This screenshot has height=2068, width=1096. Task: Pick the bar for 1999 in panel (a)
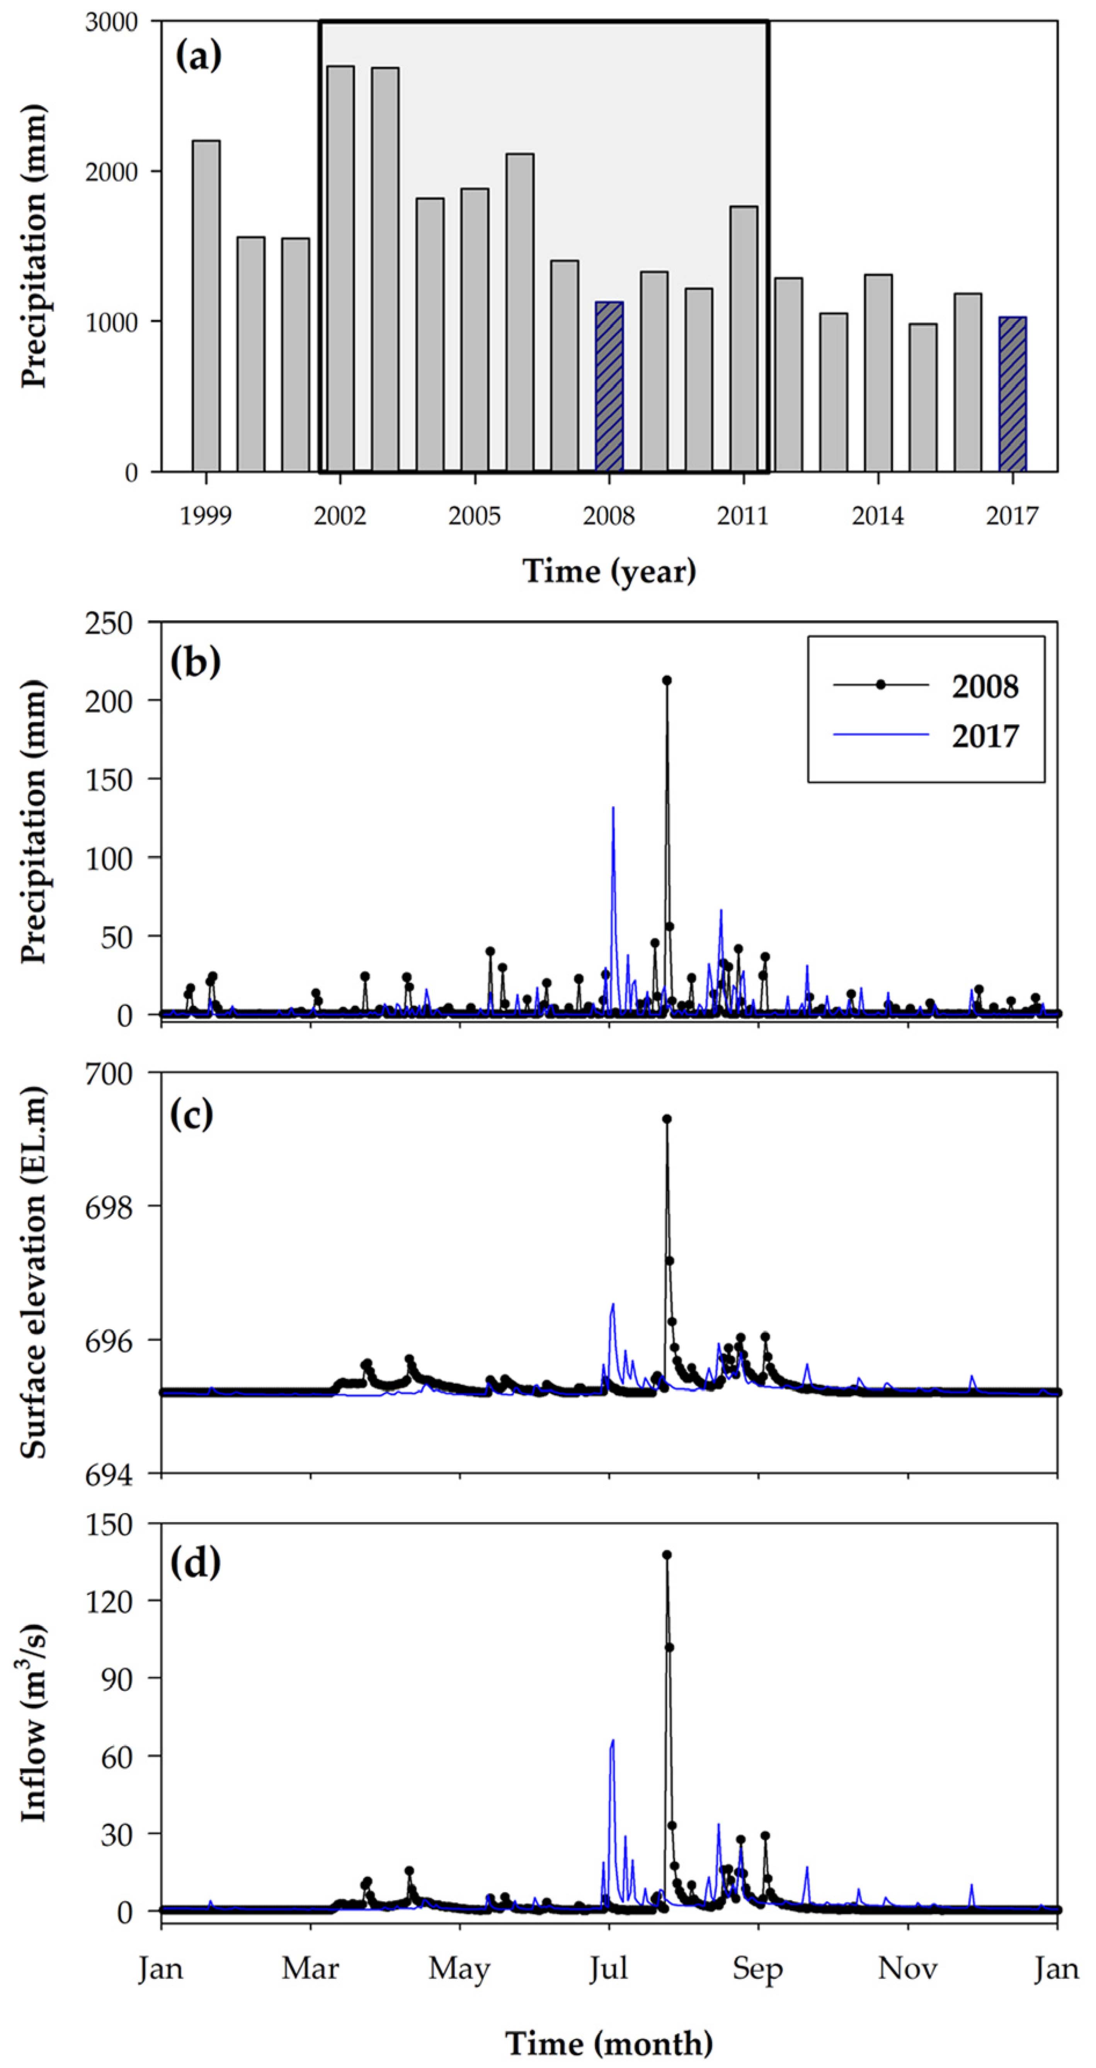(x=206, y=306)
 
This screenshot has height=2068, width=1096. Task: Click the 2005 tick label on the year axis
(x=475, y=515)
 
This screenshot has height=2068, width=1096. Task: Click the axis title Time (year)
(x=609, y=571)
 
